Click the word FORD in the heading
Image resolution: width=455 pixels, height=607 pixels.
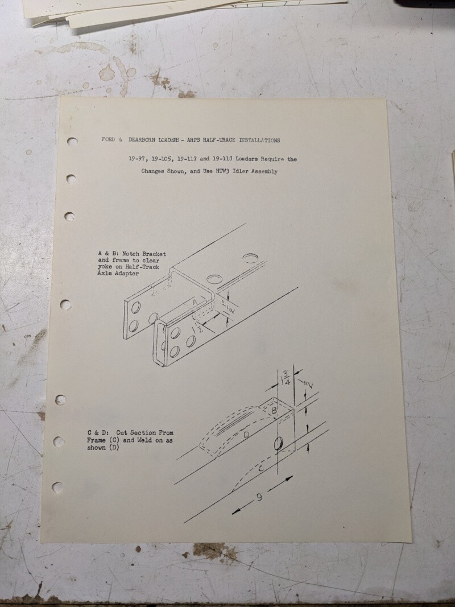pos(108,139)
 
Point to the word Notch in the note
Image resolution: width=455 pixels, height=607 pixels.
pos(131,254)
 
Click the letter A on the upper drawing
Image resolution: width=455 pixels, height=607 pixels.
pos(195,301)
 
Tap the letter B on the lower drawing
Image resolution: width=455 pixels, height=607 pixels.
pos(274,410)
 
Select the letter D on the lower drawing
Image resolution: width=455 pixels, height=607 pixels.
pos(246,435)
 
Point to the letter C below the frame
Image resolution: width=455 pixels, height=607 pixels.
pos(261,469)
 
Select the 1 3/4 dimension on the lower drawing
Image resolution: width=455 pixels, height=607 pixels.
pos(287,377)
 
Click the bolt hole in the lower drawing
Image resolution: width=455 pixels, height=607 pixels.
pos(279,444)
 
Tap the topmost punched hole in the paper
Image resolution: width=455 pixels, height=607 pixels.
pos(72,142)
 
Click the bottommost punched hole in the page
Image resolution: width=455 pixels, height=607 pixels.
pos(57,488)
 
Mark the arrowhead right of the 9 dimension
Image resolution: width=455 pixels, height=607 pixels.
pos(288,479)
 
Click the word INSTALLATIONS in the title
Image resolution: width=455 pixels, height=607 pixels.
pos(259,140)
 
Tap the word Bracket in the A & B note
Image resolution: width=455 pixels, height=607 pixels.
pos(154,254)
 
